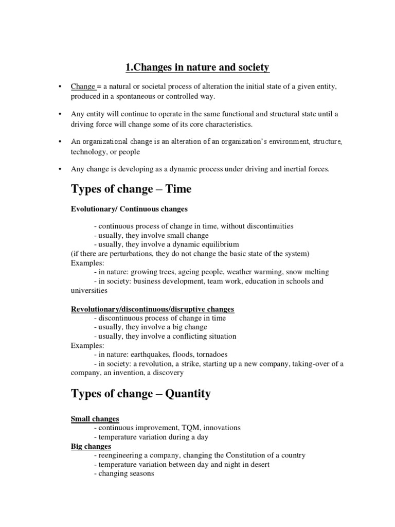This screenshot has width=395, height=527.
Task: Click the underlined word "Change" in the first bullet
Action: [x=81, y=87]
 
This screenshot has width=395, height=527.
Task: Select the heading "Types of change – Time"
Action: [x=131, y=189]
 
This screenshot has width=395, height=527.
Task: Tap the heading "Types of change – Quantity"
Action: [x=140, y=394]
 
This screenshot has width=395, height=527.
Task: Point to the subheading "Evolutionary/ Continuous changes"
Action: [x=129, y=209]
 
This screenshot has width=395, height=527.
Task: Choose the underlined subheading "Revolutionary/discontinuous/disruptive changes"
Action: [x=152, y=309]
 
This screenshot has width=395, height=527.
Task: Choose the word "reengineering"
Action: [x=122, y=455]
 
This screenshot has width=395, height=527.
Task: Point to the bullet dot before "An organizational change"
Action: [x=61, y=141]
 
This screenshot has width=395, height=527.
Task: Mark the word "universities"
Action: [x=89, y=290]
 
